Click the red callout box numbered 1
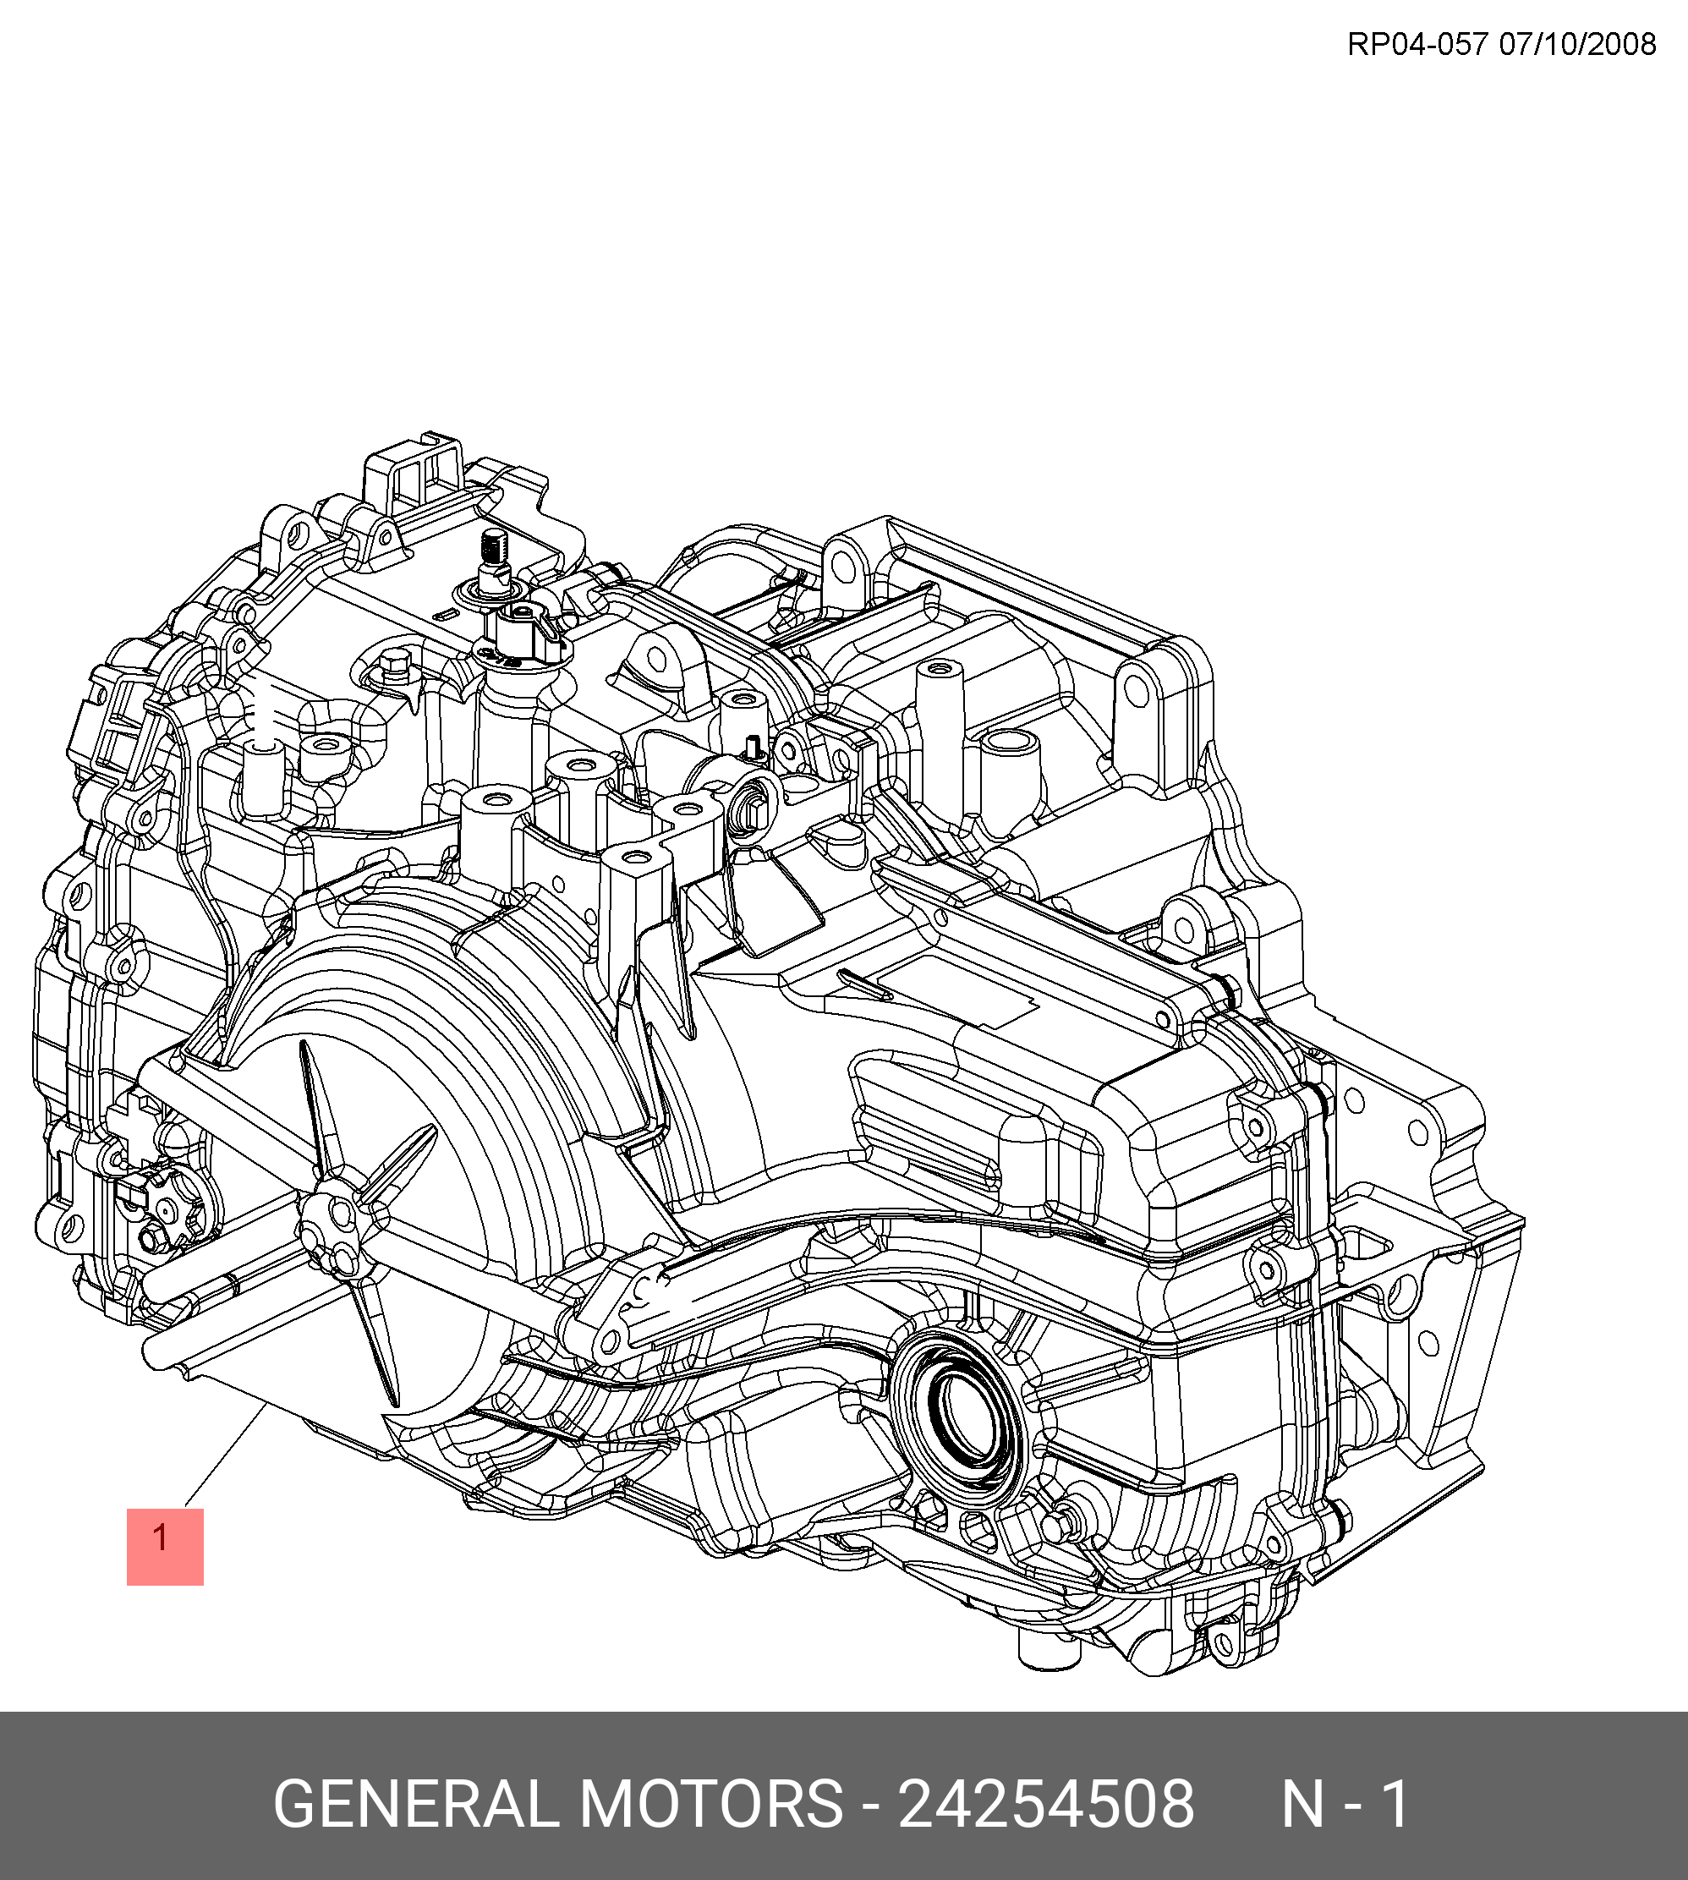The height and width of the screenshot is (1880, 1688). coord(165,1546)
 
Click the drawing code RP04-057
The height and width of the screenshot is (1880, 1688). coord(1417,44)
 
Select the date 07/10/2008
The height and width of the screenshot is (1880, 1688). coord(1577,44)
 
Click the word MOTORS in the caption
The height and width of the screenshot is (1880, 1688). coord(710,1804)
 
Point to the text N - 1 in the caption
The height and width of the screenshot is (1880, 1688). coord(1345,1804)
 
